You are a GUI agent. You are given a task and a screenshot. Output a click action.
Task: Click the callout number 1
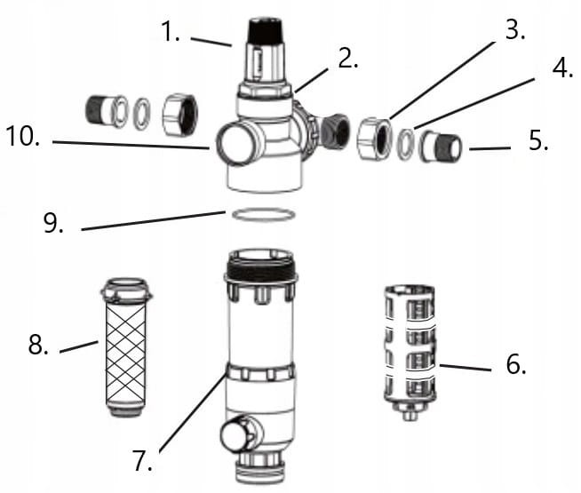point(171,31)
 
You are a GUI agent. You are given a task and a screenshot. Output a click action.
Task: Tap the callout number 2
point(348,58)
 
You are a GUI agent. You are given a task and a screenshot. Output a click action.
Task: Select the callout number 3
point(515,29)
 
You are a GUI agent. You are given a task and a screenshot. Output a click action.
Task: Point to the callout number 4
point(563,68)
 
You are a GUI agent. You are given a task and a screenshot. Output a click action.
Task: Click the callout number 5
point(538,140)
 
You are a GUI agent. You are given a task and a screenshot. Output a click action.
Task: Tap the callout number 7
point(143,460)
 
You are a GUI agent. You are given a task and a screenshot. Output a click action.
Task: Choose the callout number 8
point(38,344)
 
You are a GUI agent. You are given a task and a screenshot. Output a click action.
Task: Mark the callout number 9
point(53,222)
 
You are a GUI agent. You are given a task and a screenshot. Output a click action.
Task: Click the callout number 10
point(23,136)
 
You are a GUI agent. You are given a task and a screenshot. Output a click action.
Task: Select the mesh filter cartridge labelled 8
point(126,347)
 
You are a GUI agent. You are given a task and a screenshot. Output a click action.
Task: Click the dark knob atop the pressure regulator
point(266,31)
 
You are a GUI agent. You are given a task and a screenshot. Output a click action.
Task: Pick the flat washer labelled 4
point(406,145)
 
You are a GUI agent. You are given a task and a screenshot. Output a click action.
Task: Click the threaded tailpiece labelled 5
point(441,147)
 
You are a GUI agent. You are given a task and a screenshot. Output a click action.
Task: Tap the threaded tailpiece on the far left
point(107,111)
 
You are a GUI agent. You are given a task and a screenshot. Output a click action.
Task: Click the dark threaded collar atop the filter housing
point(261,268)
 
